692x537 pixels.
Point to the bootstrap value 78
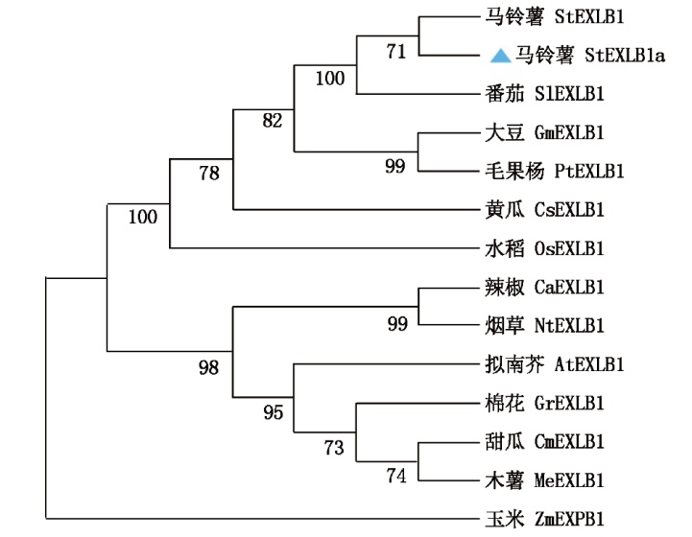coord(208,174)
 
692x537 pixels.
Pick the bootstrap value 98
coord(208,367)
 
